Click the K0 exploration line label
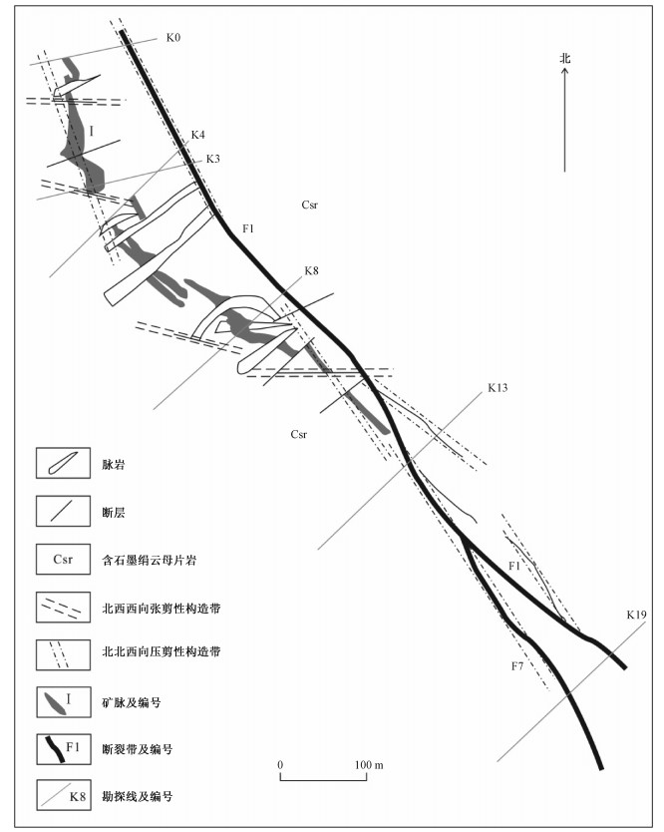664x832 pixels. (x=173, y=38)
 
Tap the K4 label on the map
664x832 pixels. (x=197, y=135)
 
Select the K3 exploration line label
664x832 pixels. (x=212, y=159)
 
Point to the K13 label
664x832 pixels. (x=498, y=388)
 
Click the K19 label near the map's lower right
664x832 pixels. (x=636, y=615)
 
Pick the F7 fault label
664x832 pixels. (x=517, y=666)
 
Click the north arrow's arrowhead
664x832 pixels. (x=565, y=71)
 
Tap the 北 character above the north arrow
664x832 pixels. (x=565, y=58)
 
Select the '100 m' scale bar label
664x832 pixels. (x=369, y=764)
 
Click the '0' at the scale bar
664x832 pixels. (x=280, y=764)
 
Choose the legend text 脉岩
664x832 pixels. (x=114, y=465)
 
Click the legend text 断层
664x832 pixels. (x=114, y=512)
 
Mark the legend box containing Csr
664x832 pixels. (x=63, y=560)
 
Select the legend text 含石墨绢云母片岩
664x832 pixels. (x=149, y=560)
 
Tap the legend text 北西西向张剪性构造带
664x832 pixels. (x=162, y=609)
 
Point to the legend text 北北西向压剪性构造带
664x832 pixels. (x=162, y=651)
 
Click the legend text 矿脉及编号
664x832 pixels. (x=132, y=702)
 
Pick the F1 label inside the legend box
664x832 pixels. (x=73, y=746)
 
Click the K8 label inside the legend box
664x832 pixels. (x=78, y=796)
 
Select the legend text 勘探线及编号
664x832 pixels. (x=138, y=796)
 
